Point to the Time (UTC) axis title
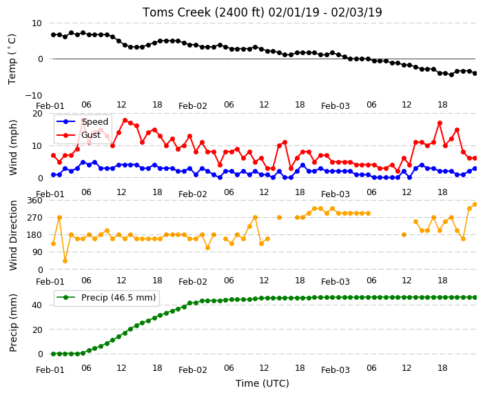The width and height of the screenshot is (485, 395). coord(262,383)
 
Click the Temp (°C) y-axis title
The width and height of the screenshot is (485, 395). coord(12,59)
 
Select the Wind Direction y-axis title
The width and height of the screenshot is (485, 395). coord(13,236)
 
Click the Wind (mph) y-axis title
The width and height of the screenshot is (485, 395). coord(13,148)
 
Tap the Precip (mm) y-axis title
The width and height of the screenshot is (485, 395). coord(13,323)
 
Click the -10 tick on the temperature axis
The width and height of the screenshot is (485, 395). coord(34,95)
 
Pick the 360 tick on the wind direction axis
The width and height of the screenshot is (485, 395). coord(34,201)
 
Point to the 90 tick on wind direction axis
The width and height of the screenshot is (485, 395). coord(37,252)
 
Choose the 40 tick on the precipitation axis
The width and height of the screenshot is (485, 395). coord(37,305)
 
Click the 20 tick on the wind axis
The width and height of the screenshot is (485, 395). coord(37,114)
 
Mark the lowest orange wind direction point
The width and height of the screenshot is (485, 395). coord(65,261)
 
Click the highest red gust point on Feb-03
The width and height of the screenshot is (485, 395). coord(440,123)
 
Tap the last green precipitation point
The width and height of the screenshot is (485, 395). coord(475,297)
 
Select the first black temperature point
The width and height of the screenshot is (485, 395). coord(53,34)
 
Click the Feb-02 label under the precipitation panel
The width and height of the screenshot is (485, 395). coord(193,370)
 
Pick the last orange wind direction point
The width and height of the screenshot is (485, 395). coord(475,204)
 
